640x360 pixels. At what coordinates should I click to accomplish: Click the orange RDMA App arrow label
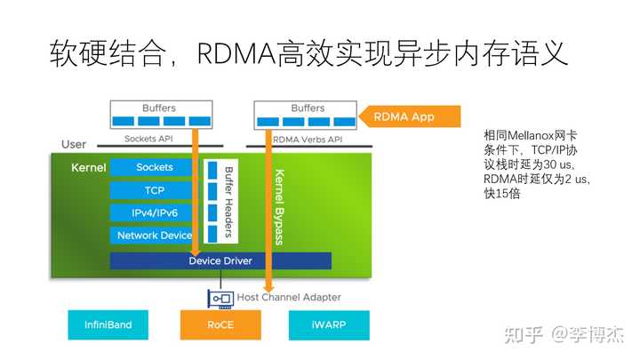[x=410, y=116]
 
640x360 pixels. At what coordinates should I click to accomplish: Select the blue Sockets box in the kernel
[x=151, y=167]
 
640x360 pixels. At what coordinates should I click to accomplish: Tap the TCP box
[x=151, y=190]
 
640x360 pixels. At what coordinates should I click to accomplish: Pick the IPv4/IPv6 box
[x=151, y=213]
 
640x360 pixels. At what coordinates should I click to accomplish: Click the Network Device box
[x=151, y=236]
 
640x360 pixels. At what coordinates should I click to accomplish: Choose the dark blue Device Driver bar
[x=220, y=260]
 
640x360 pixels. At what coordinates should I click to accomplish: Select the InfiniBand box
[x=108, y=325]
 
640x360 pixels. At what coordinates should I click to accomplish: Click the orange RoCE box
[x=220, y=325]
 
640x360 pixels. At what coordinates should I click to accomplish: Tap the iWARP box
[x=329, y=325]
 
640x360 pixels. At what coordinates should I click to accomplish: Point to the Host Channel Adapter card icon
[x=220, y=299]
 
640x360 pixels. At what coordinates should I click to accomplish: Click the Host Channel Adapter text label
[x=289, y=297]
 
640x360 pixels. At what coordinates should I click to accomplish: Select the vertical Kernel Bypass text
[x=280, y=207]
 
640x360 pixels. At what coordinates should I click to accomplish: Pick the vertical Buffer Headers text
[x=229, y=202]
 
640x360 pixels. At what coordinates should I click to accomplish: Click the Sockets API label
[x=148, y=139]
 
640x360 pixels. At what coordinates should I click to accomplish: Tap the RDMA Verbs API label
[x=308, y=140]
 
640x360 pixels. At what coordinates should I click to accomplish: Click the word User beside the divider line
[x=74, y=145]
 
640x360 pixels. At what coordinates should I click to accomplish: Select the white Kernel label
[x=89, y=168]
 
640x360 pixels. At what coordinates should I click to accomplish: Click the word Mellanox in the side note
[x=531, y=135]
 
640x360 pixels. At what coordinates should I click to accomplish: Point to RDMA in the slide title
[x=236, y=54]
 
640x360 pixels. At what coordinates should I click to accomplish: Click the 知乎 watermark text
[x=524, y=335]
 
